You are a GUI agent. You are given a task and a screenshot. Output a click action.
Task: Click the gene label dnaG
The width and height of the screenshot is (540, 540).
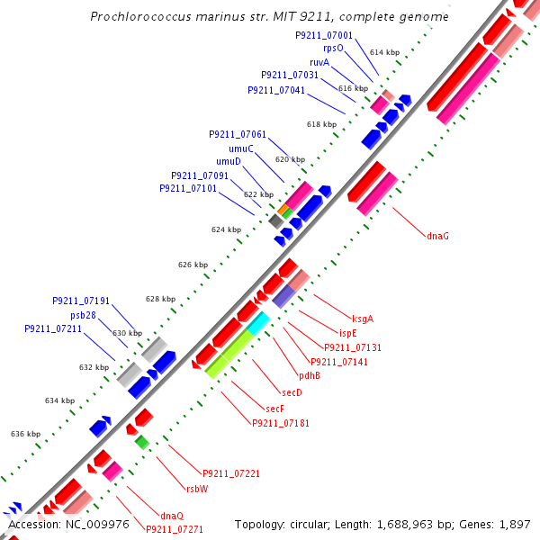[x=437, y=236]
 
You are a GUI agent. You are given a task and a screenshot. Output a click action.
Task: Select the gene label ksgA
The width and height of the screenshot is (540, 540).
[x=363, y=319]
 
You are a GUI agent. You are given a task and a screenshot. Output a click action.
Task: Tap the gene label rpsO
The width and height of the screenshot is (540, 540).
[x=333, y=49]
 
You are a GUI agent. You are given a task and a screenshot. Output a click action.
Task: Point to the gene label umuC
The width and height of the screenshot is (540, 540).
[x=240, y=148]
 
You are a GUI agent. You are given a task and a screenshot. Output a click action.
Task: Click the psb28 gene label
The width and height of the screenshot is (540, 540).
[x=85, y=315]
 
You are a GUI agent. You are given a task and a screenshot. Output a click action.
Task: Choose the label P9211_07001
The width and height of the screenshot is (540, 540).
[x=324, y=35]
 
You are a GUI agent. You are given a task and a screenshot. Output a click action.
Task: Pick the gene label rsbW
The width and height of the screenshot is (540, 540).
[x=197, y=489]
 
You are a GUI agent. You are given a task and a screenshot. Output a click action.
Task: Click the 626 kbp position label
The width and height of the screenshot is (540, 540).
[x=193, y=265]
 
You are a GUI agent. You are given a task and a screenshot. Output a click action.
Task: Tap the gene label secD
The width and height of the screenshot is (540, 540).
[x=292, y=393]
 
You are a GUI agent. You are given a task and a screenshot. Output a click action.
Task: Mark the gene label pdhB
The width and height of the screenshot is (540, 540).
[x=309, y=376]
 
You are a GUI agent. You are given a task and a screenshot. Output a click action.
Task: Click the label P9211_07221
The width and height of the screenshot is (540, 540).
[x=231, y=473]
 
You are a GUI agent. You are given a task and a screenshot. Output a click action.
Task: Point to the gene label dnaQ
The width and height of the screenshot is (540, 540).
[x=172, y=516]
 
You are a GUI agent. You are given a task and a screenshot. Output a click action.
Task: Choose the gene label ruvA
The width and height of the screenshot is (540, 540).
[x=319, y=62]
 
